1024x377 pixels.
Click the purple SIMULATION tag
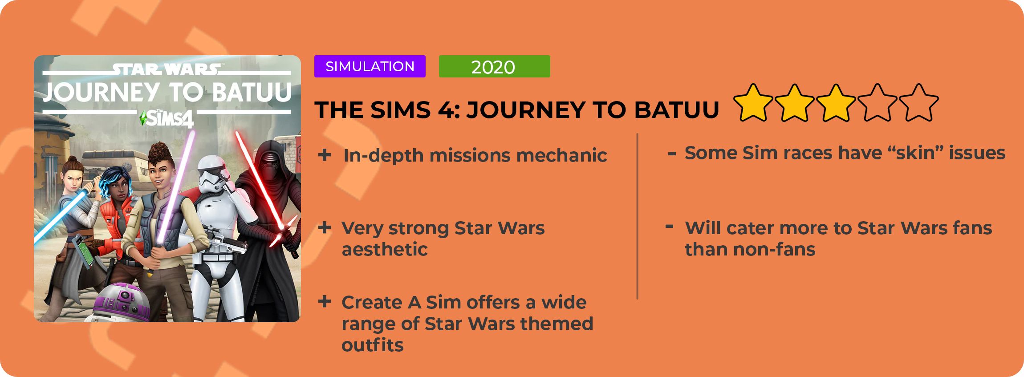pyautogui.click(x=370, y=66)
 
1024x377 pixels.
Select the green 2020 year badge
pyautogui.click(x=494, y=66)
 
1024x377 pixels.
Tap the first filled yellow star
pyautogui.click(x=753, y=103)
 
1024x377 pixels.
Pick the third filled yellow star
pyautogui.click(x=836, y=103)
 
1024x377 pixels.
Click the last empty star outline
pyautogui.click(x=918, y=103)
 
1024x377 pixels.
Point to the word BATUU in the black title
pyautogui.click(x=676, y=110)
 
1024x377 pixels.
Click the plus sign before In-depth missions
pyautogui.click(x=325, y=155)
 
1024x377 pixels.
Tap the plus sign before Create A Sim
pyautogui.click(x=325, y=302)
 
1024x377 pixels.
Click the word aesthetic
pyautogui.click(x=385, y=249)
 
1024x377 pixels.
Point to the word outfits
pyautogui.click(x=373, y=345)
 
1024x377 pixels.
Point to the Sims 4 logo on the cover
pyautogui.click(x=167, y=118)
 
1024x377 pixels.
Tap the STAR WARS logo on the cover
pyautogui.click(x=166, y=69)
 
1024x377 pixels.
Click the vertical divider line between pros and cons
pyautogui.click(x=638, y=216)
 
